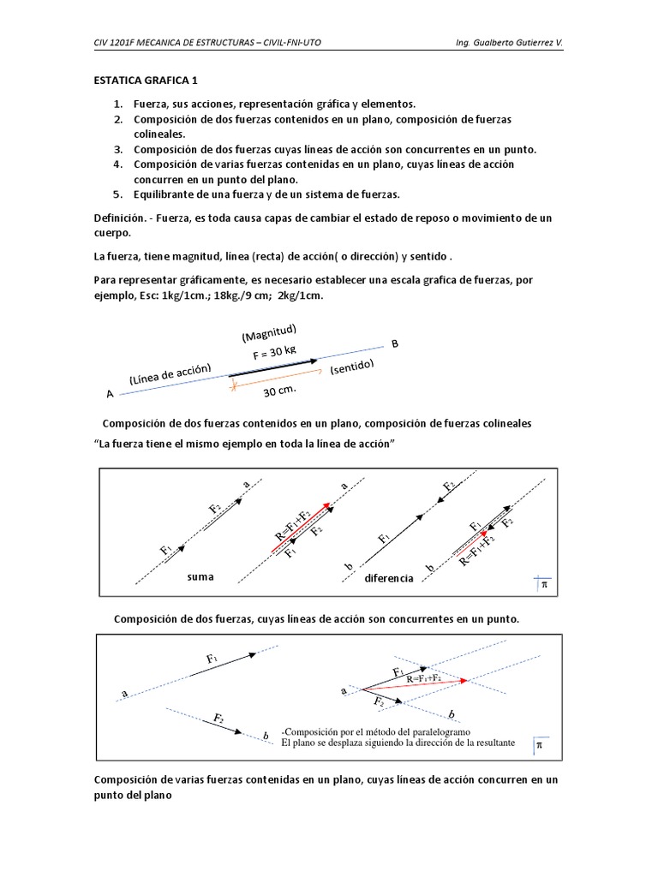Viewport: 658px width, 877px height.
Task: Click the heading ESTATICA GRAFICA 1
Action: pos(146,81)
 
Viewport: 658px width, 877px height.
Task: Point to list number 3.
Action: pos(119,149)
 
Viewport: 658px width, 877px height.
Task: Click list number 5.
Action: pos(119,194)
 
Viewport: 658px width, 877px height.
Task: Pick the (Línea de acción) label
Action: pos(170,376)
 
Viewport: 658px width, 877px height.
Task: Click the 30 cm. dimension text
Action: pos(279,392)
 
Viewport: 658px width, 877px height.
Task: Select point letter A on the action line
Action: pos(110,394)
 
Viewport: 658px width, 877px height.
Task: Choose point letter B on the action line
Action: pos(395,344)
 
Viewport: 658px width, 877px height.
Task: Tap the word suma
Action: pos(199,577)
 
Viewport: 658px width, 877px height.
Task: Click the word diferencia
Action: pos(389,578)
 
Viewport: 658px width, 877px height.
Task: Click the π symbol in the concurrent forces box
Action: pos(539,744)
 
